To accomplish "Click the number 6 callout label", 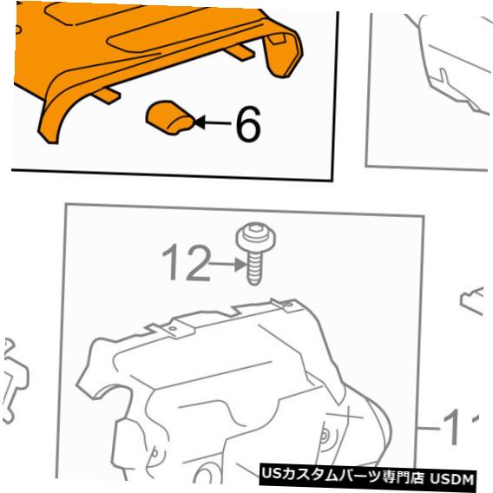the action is [248, 123].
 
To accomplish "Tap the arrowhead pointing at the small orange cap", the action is [200, 122].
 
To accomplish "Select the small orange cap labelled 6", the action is [169, 118].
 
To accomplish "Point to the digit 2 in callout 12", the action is [196, 263].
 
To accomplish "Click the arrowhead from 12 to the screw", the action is [240, 265].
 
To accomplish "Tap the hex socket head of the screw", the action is [256, 235].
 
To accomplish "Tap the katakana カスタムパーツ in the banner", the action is [331, 478].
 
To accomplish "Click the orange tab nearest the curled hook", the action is [239, 52].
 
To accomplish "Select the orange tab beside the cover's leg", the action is [106, 95].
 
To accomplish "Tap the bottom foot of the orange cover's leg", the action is [48, 137].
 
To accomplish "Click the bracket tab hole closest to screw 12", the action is [287, 305].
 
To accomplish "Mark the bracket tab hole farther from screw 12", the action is [172, 329].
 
